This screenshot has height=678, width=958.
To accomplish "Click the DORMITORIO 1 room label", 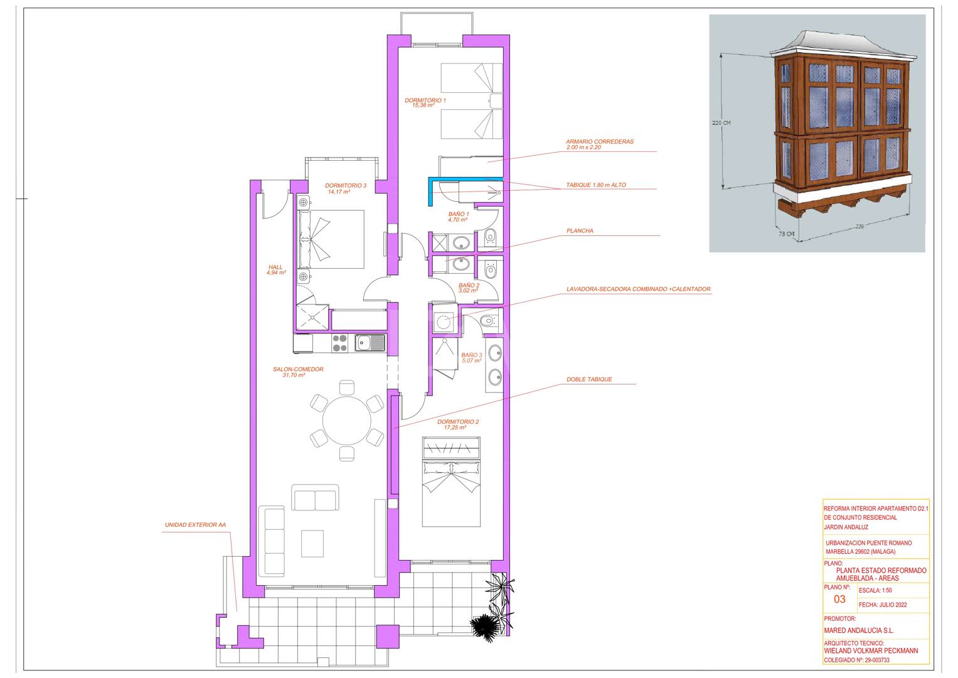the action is (x=425, y=100).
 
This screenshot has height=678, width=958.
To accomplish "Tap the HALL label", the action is (x=275, y=267).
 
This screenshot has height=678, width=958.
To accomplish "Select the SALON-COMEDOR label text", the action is (x=298, y=369).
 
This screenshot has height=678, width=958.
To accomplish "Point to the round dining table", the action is (x=347, y=421).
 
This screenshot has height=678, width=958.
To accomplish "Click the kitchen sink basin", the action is (x=364, y=343).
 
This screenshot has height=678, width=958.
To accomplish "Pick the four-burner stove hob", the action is (x=340, y=343).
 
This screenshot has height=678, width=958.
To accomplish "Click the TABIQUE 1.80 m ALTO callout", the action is (x=596, y=185).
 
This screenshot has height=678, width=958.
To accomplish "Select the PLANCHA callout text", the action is (x=580, y=231).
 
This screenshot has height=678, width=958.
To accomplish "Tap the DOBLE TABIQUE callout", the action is (x=589, y=379).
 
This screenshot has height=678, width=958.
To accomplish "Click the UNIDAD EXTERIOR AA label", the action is (x=196, y=525).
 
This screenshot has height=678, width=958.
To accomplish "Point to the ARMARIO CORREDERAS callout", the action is (x=600, y=141).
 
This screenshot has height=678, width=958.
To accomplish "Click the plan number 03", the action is (x=839, y=600).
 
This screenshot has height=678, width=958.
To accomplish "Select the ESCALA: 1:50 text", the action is (x=875, y=590).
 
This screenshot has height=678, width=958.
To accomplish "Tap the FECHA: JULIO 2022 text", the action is (x=883, y=605).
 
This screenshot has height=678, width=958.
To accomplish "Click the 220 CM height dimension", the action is (x=721, y=123).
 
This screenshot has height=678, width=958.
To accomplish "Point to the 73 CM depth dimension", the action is (x=787, y=234).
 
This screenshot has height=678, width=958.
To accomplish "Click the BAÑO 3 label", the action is (x=471, y=355).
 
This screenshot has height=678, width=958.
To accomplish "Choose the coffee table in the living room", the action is (x=312, y=544).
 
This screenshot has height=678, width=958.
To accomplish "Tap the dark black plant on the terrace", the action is (x=484, y=628).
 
